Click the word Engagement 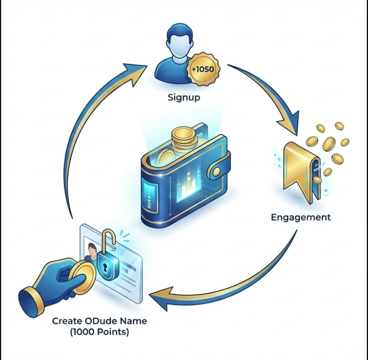point(300,217)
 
